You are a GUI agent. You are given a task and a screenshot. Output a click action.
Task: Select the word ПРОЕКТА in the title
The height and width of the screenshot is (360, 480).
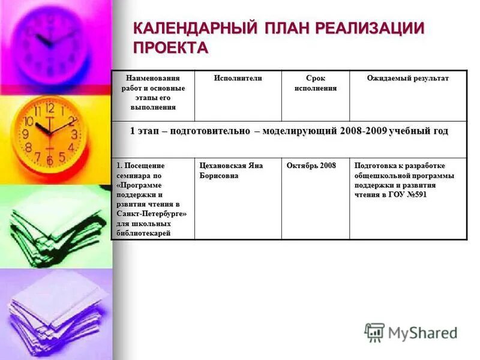pyautogui.click(x=170, y=48)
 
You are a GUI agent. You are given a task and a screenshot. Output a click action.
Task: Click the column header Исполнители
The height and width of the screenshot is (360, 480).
pyautogui.click(x=238, y=79)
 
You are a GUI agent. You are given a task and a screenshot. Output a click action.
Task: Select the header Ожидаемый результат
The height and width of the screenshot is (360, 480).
pyautogui.click(x=407, y=79)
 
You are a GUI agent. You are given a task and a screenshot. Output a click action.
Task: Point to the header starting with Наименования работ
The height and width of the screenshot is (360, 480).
pyautogui.click(x=153, y=92)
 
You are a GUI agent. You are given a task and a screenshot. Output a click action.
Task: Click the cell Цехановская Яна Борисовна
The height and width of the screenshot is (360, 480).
pyautogui.click(x=231, y=170)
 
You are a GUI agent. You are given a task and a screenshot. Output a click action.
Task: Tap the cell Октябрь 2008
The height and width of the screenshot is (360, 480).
pyautogui.click(x=311, y=166)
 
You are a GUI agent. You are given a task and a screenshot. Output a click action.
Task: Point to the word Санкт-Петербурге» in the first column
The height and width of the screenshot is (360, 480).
pyautogui.click(x=152, y=214)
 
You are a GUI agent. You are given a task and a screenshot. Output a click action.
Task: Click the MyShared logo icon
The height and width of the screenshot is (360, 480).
pyautogui.click(x=374, y=332)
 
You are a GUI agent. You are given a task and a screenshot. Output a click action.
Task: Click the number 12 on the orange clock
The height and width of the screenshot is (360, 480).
pyautogui.click(x=50, y=109)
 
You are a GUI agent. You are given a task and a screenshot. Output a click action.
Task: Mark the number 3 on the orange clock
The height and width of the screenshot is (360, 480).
pyautogui.click(x=74, y=134)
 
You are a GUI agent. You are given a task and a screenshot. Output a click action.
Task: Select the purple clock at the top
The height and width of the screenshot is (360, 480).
pyautogui.click(x=50, y=42)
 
